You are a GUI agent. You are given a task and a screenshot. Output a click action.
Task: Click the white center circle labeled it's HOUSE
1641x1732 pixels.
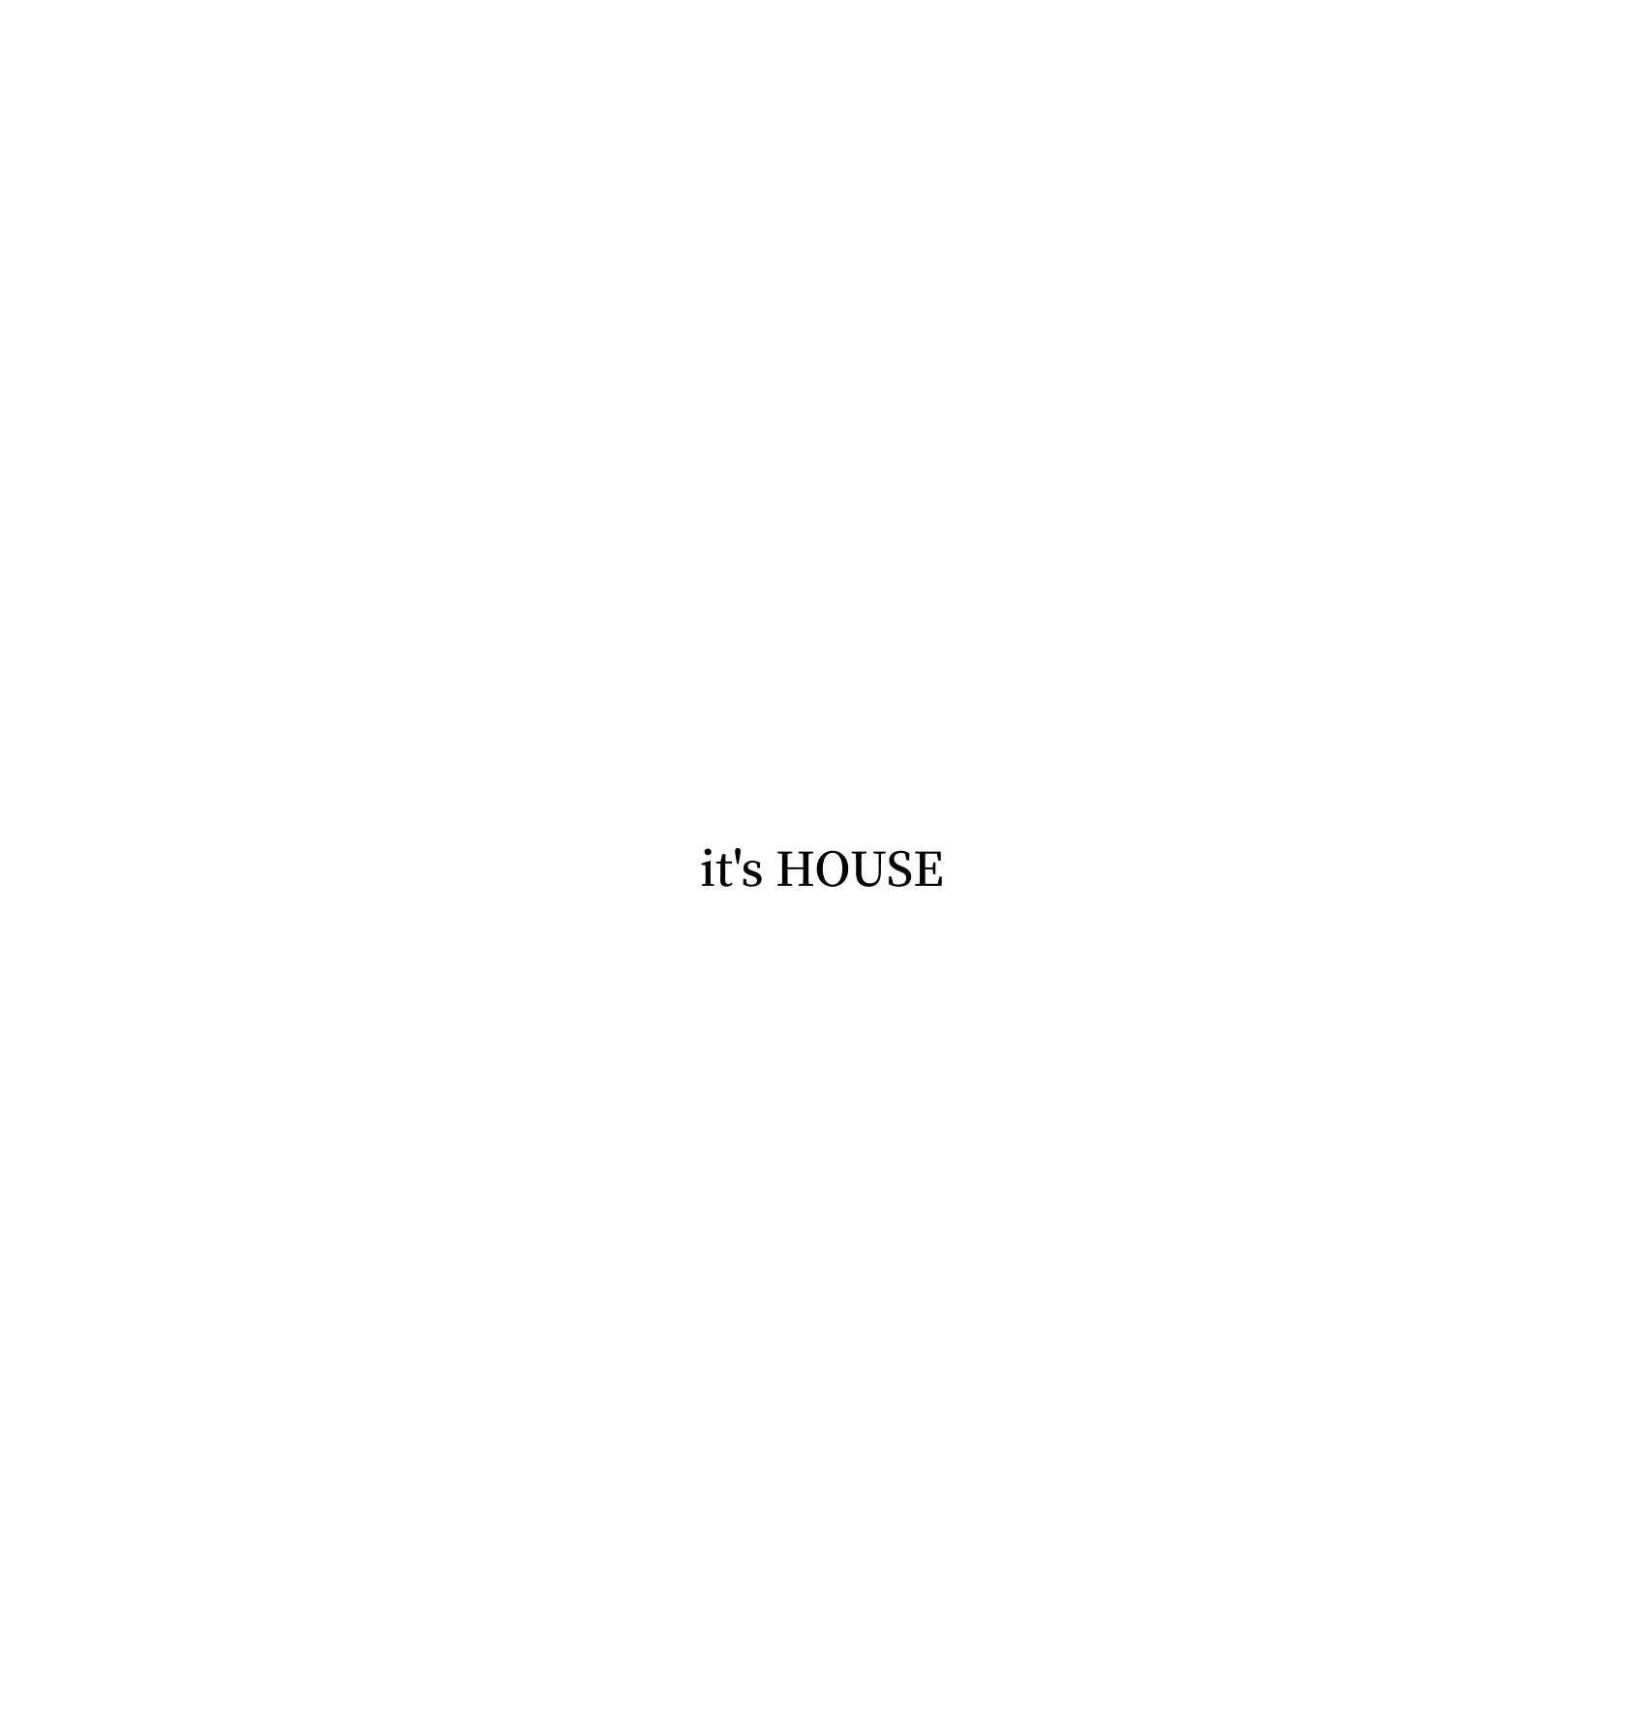821,929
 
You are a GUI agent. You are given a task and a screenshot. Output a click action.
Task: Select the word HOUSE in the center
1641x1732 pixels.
859,869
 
